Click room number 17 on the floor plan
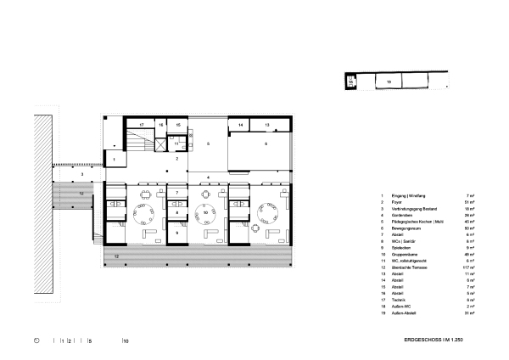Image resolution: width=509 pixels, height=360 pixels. click(x=142, y=125)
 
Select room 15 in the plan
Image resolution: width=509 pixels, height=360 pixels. click(x=179, y=125)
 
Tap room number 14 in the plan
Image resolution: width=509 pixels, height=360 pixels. click(x=240, y=125)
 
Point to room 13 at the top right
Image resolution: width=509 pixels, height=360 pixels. click(x=266, y=125)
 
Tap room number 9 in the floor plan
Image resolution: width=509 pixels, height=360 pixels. click(x=176, y=231)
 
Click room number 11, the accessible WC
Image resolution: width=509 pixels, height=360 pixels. click(x=176, y=145)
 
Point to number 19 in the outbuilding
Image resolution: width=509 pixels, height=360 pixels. click(x=389, y=82)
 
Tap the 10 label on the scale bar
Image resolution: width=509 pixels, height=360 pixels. click(x=126, y=340)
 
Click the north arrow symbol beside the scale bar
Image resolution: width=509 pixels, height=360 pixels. click(x=36, y=340)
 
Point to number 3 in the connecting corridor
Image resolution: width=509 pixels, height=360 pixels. click(x=82, y=174)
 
